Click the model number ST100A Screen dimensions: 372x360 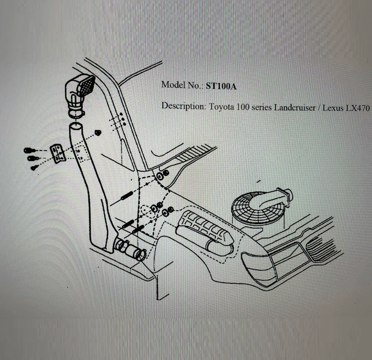pyautogui.click(x=221, y=86)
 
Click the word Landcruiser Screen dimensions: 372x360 pyautogui.click(x=295, y=107)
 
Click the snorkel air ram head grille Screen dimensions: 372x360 pyautogui.click(x=87, y=86)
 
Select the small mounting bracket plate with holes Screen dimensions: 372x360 pyautogui.click(x=57, y=154)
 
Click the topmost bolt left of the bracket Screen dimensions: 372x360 pyautogui.click(x=30, y=150)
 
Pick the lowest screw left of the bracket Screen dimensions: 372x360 pyautogui.click(x=34, y=168)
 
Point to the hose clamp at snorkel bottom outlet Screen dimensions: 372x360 pyautogui.click(x=140, y=255)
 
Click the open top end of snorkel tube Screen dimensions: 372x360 pyautogui.click(x=76, y=127)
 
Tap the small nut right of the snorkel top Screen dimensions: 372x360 pyautogui.click(x=98, y=133)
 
